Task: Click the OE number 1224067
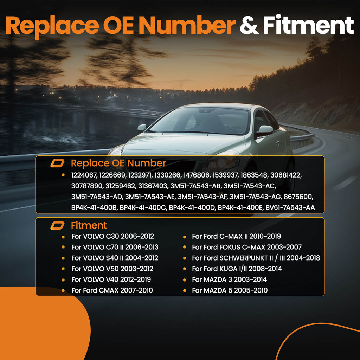pos(84,175)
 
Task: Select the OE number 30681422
pos(286,175)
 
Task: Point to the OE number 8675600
pos(298,197)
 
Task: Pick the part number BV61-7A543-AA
pos(290,207)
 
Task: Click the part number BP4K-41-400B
pos(94,207)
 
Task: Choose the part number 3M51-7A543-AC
pos(250,186)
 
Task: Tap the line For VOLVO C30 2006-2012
pos(112,236)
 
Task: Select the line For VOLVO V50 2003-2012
pos(112,269)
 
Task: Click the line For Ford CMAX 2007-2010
pos(112,290)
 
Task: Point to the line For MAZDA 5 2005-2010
pos(230,290)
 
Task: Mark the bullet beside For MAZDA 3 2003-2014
pos(184,279)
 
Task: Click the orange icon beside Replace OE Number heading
pos(57,163)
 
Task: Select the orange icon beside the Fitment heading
pos(57,225)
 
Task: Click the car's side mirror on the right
pos(265,131)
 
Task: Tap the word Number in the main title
pos(187,25)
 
